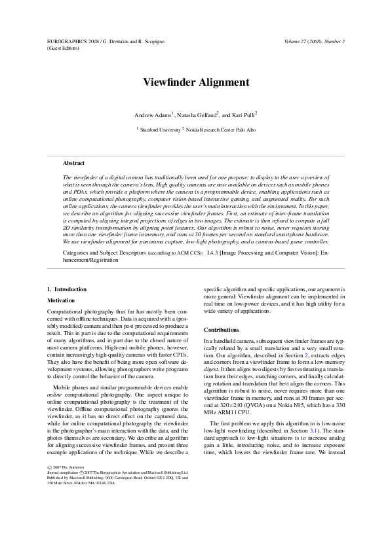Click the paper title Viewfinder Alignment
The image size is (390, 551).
(195, 83)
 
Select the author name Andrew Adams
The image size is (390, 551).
(152, 115)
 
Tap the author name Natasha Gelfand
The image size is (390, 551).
(193, 115)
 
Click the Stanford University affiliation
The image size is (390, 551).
(160, 130)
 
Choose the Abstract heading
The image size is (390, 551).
(73, 163)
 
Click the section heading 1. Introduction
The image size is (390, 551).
(67, 289)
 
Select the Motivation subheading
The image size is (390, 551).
(62, 300)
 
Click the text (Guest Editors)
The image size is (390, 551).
(64, 48)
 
